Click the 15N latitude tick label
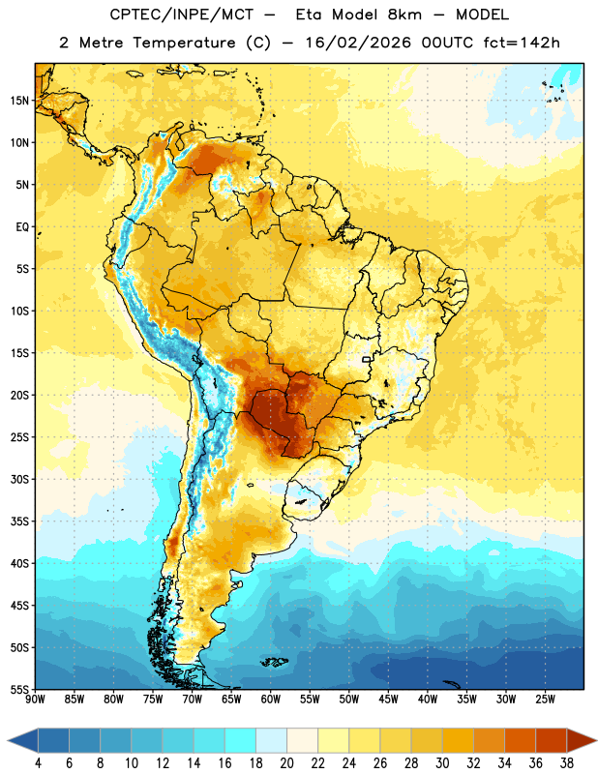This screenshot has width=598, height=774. tap(19, 101)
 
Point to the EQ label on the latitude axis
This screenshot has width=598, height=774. tap(22, 227)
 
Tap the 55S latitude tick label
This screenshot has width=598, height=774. tap(19, 689)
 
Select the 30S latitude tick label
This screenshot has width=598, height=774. tap(19, 479)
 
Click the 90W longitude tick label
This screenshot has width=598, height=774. tap(35, 700)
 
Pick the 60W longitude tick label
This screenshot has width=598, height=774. tap(271, 700)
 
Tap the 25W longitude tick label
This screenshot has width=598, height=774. tap(545, 700)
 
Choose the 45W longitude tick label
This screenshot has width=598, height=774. tap(388, 700)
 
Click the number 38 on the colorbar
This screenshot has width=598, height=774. tap(566, 763)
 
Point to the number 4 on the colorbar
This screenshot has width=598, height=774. tap(38, 763)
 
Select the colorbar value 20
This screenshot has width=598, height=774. tap(286, 763)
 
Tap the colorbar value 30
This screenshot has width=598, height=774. tap(442, 763)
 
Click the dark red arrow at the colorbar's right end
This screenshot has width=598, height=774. tap(581, 740)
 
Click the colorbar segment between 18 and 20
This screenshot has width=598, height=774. tap(271, 740)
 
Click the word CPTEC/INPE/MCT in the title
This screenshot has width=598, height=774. tap(182, 15)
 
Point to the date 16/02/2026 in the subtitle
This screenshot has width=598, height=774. tap(358, 43)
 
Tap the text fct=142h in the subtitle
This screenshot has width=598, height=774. tap(522, 43)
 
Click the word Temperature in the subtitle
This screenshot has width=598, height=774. tap(184, 44)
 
